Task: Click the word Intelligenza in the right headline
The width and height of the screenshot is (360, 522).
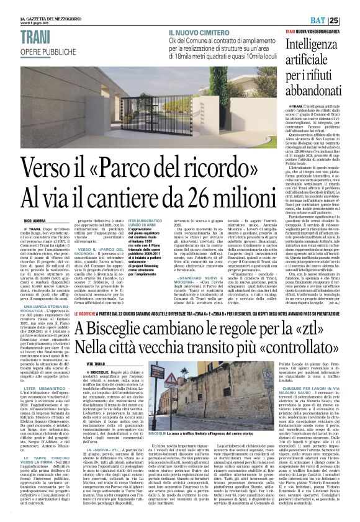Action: pos(321,45)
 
